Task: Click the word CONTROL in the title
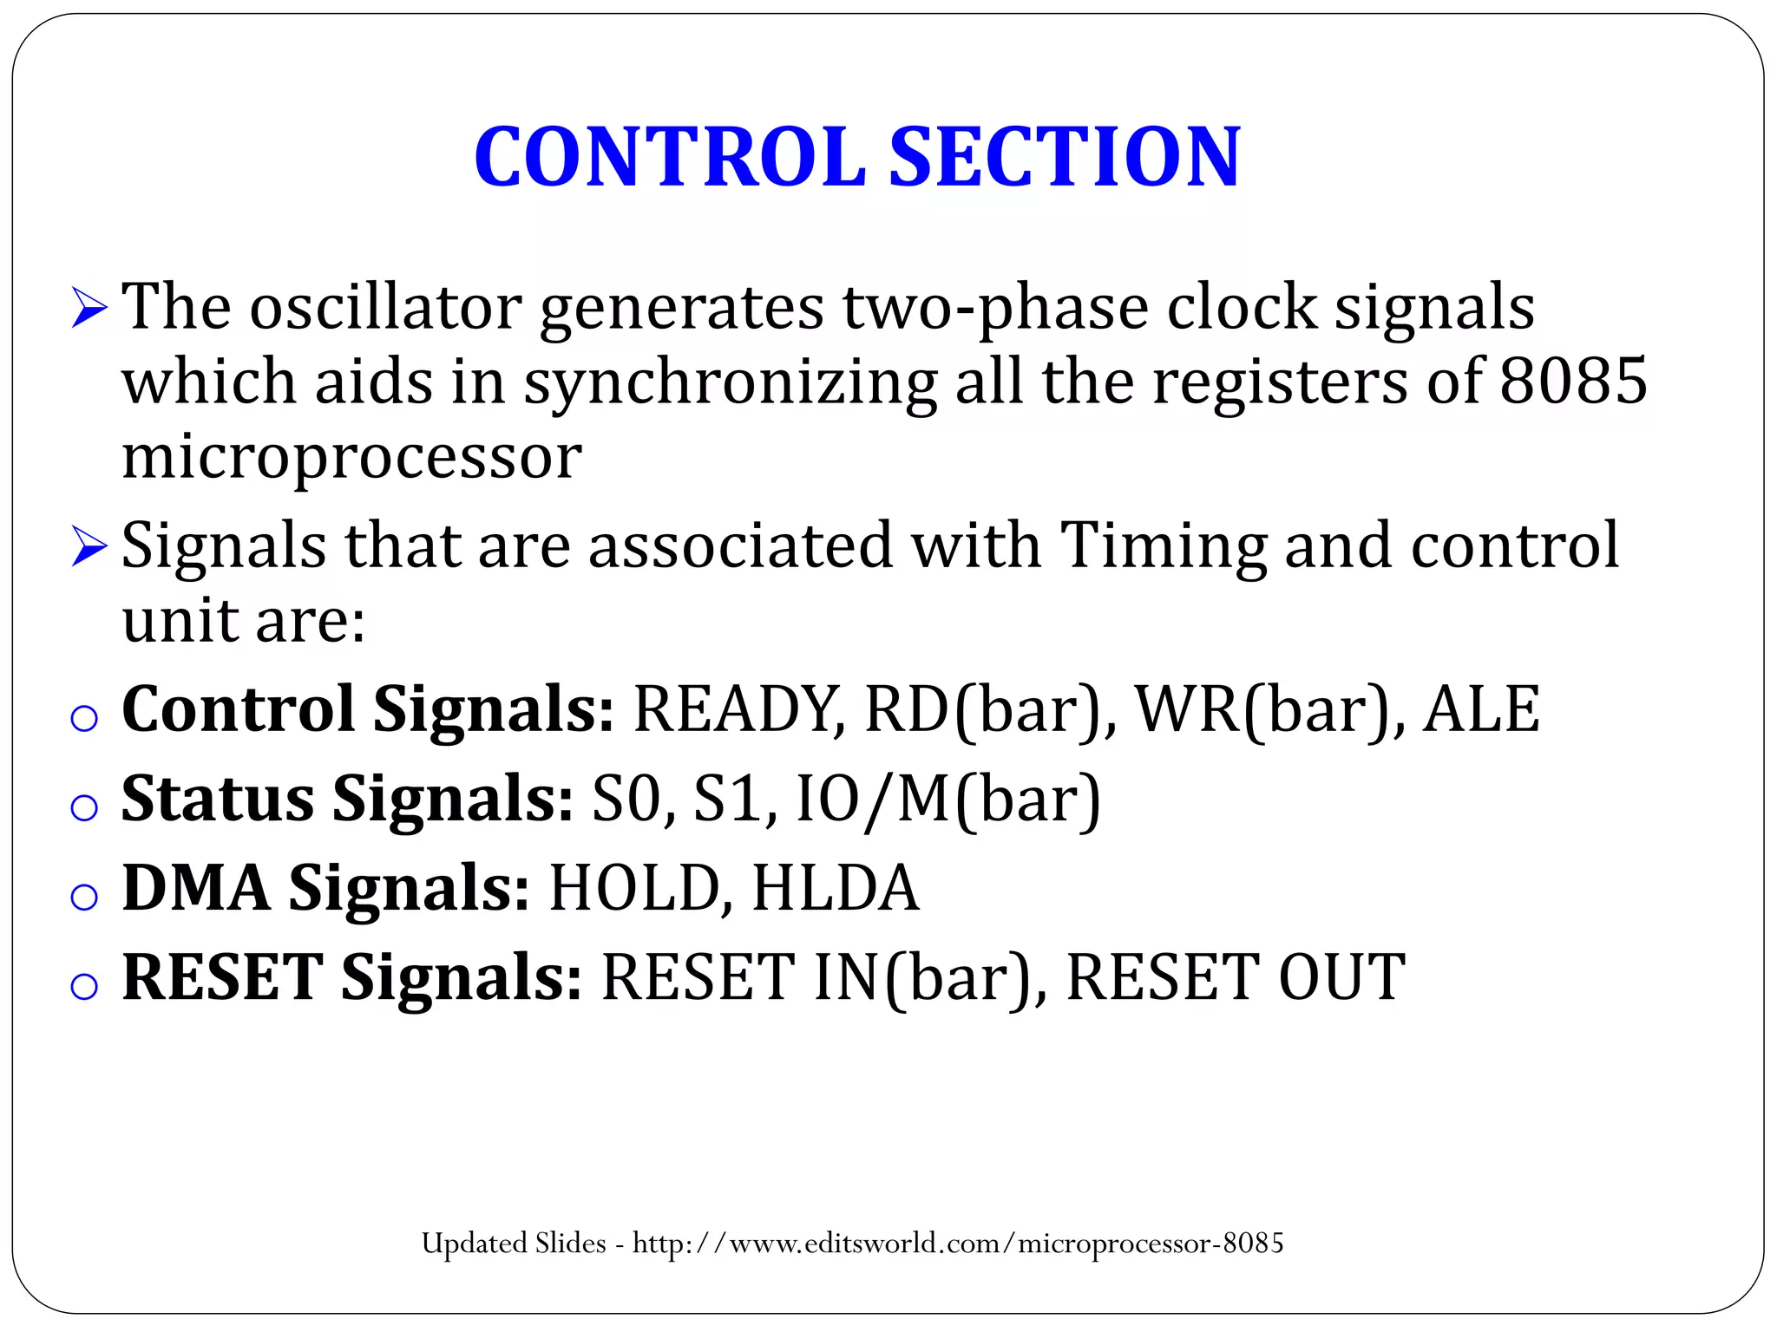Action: tap(669, 157)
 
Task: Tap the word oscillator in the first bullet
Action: tap(385, 308)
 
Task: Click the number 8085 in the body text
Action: tap(1573, 381)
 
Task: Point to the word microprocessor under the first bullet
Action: tap(351, 457)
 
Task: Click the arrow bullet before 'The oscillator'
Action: tap(89, 309)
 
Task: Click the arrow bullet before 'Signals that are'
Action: tap(89, 547)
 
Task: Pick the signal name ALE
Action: tap(1480, 710)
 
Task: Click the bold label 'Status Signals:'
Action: tap(347, 800)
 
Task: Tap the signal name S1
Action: tap(733, 800)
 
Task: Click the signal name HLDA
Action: tap(835, 889)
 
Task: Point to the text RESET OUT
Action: tap(1235, 978)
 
